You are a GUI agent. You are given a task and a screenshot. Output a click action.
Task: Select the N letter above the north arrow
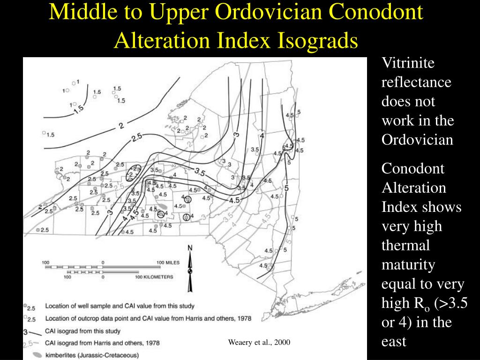click(190, 248)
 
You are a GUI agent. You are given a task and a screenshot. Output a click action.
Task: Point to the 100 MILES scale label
click(167, 262)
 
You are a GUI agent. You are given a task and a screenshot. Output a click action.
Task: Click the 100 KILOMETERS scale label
click(154, 277)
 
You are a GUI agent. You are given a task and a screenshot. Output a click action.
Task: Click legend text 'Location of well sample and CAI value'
click(120, 306)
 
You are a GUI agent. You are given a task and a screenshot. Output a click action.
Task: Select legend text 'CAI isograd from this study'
click(83, 330)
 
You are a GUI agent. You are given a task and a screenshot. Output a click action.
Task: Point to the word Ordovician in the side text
click(418, 140)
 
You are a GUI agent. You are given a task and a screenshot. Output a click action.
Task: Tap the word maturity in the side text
click(408, 265)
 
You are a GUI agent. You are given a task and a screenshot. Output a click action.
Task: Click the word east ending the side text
click(394, 342)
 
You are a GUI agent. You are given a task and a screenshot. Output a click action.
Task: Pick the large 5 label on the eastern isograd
click(286, 188)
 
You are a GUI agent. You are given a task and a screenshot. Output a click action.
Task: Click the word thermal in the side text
click(405, 246)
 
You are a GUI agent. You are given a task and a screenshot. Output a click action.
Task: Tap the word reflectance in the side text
click(416, 82)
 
